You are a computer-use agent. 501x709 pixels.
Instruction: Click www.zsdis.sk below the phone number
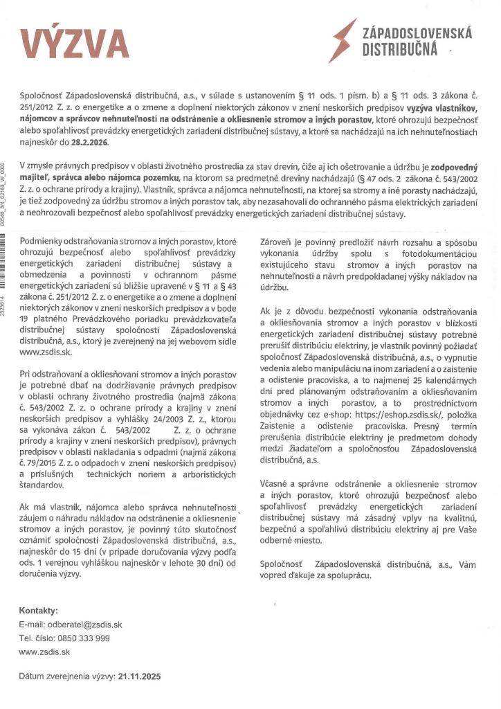pyautogui.click(x=44, y=652)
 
